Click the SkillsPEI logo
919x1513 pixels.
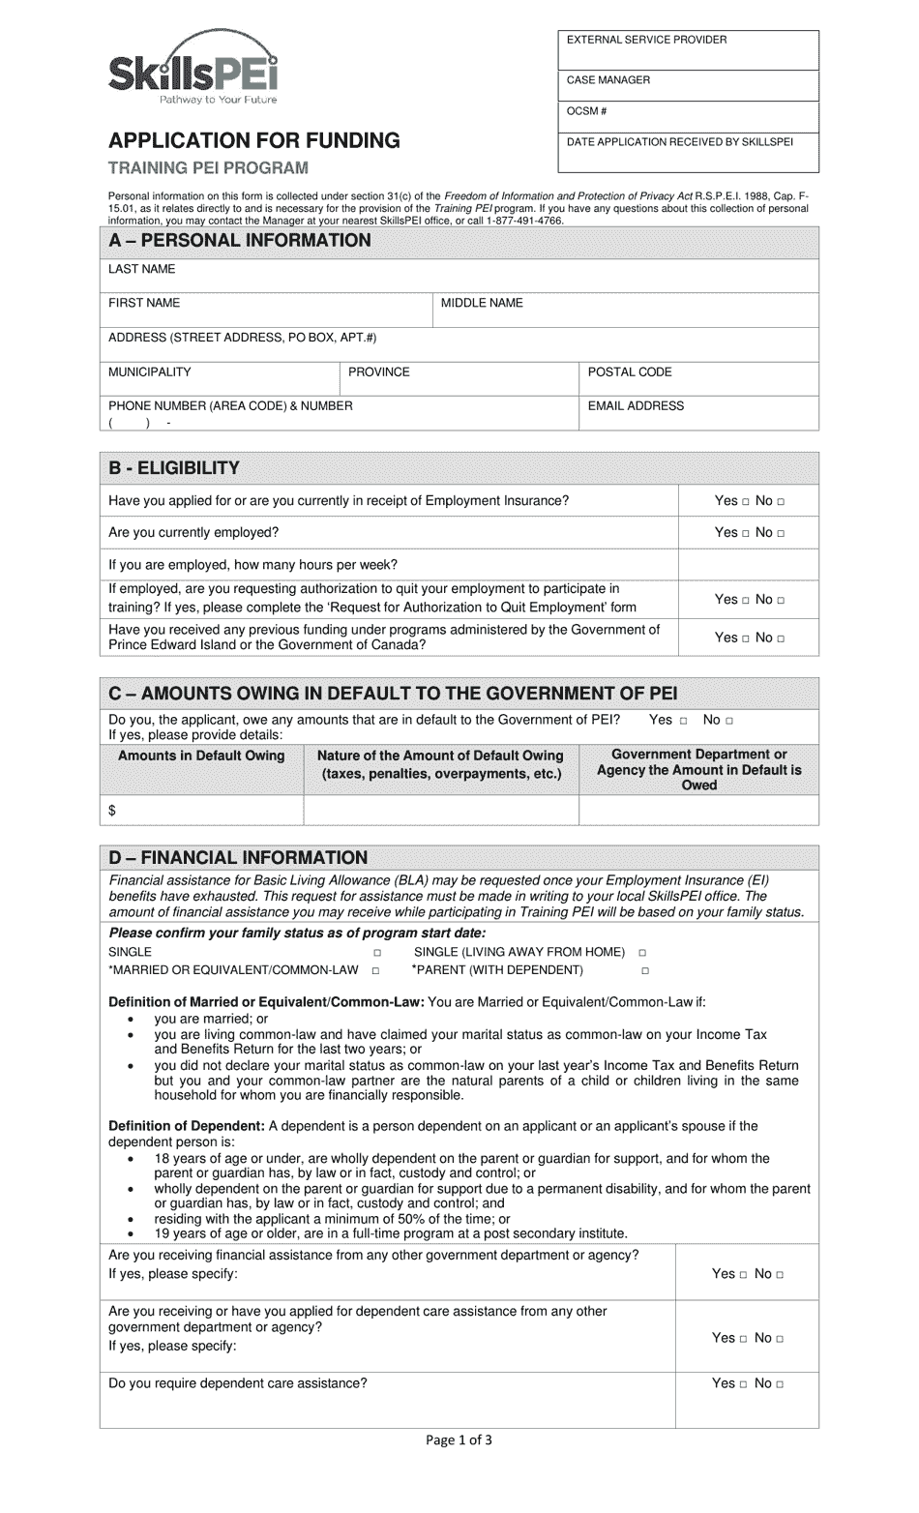(x=193, y=74)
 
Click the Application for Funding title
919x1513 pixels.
(x=253, y=140)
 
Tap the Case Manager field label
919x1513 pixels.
(x=608, y=80)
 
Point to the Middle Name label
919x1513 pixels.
(x=482, y=303)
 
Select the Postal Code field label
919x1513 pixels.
(x=630, y=371)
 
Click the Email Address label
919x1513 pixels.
(x=636, y=406)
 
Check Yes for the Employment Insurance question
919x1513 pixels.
(x=746, y=501)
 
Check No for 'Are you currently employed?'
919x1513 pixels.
(x=782, y=533)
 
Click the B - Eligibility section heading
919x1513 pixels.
(x=174, y=468)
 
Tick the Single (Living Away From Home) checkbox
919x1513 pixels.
(x=642, y=953)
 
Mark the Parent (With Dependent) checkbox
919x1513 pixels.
(x=645, y=970)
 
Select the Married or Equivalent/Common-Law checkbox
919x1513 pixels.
(x=376, y=970)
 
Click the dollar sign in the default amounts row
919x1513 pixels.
(x=112, y=810)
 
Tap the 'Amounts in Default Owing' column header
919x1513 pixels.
(x=201, y=756)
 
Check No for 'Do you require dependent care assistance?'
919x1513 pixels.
(x=781, y=1384)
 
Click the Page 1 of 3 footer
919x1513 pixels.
(x=459, y=1439)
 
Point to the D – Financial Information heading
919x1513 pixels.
(x=238, y=857)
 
